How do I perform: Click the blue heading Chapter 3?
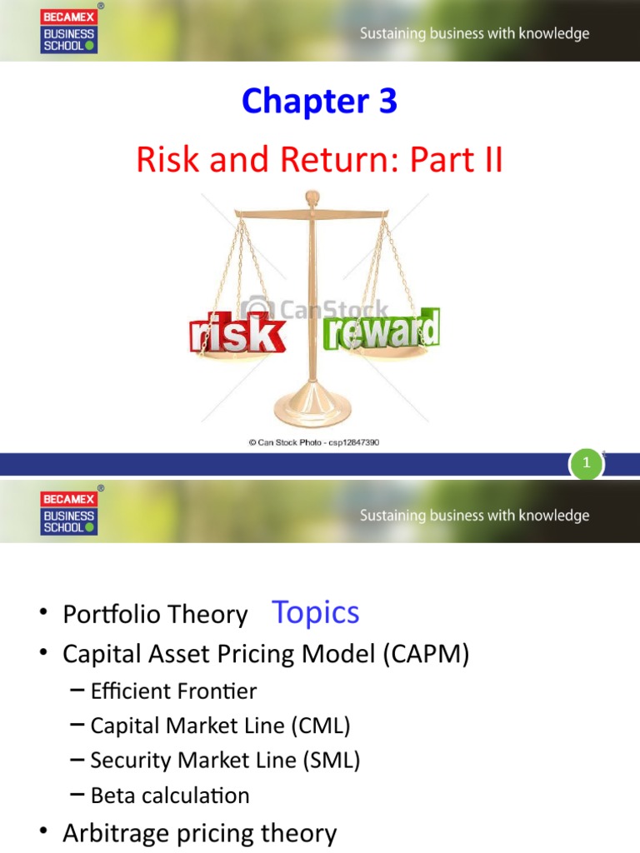[x=319, y=102]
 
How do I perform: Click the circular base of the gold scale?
[x=312, y=413]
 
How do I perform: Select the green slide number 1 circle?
[x=586, y=464]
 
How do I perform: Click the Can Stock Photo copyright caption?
[x=313, y=443]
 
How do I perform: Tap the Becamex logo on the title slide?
[x=68, y=30]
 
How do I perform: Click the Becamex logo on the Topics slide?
[x=68, y=511]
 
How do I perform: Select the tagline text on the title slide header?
[x=474, y=34]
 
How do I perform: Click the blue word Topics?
[x=316, y=612]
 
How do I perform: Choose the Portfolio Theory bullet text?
[x=155, y=616]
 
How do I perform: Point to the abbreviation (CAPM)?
[x=427, y=655]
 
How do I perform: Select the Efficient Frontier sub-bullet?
[x=173, y=691]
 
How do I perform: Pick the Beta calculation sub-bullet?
[x=170, y=796]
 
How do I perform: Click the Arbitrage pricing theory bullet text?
[x=200, y=833]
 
